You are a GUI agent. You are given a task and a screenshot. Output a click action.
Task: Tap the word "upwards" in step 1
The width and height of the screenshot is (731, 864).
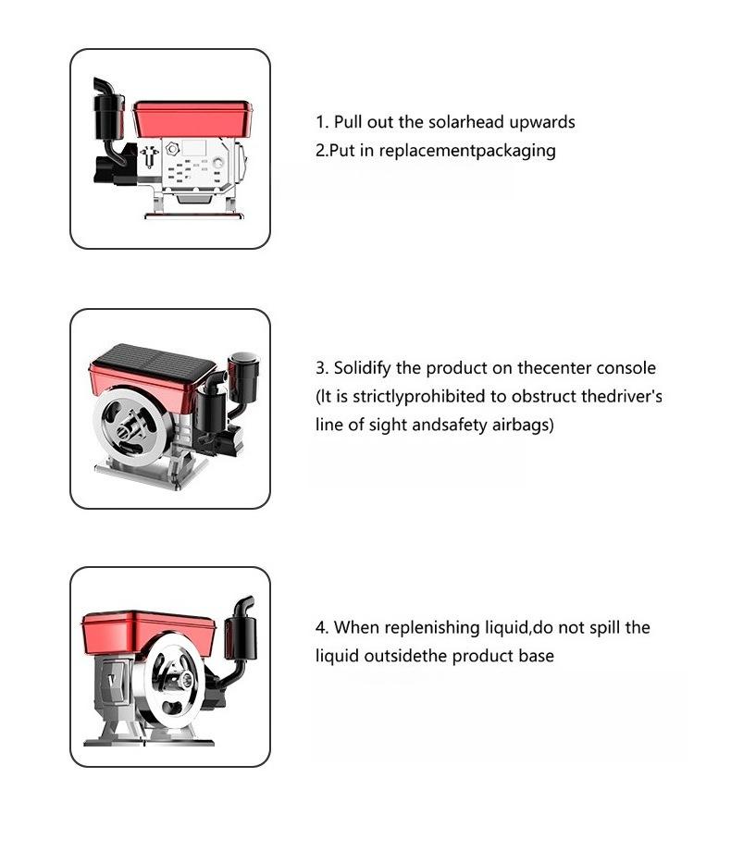pyautogui.click(x=542, y=123)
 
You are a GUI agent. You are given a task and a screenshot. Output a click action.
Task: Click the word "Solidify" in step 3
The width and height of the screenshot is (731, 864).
pyautogui.click(x=363, y=368)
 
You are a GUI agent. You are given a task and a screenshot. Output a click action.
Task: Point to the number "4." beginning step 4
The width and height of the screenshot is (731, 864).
pyautogui.click(x=323, y=627)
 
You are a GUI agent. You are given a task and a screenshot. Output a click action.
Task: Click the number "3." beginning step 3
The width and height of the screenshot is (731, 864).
pyautogui.click(x=323, y=368)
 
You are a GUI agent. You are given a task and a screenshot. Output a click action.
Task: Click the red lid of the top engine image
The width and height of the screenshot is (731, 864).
pyautogui.click(x=193, y=118)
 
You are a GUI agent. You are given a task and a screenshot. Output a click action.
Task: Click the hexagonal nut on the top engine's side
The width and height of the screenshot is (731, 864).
pyautogui.click(x=172, y=149)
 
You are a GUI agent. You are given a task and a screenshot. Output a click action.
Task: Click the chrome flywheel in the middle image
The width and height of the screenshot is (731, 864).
pyautogui.click(x=130, y=425)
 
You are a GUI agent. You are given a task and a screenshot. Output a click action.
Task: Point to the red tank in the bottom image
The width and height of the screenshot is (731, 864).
pyautogui.click(x=148, y=634)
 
